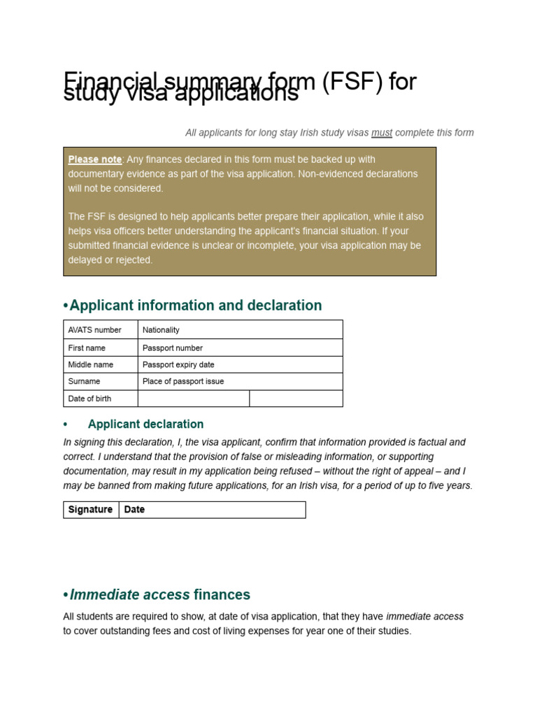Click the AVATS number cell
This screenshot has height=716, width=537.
coord(94,330)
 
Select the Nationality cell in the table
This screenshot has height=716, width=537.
coord(161,330)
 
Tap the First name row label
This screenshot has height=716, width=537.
coord(85,348)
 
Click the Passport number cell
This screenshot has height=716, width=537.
coord(173,348)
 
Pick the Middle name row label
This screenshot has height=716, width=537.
coord(90,364)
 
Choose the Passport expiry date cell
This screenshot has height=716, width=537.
coord(178,364)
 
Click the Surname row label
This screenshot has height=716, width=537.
coord(84,381)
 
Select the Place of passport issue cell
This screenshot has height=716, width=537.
coord(183,381)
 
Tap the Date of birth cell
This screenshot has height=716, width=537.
coord(89,399)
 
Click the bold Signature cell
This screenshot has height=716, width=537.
coord(90,510)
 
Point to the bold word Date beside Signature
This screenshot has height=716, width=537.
coord(134,510)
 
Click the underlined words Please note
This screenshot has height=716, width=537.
coord(94,159)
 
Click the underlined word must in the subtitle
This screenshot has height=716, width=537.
coord(381,133)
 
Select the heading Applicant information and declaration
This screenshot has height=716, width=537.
coord(196,306)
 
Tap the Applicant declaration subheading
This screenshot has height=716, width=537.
coord(145,424)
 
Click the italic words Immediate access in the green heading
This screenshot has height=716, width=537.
coord(129,595)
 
